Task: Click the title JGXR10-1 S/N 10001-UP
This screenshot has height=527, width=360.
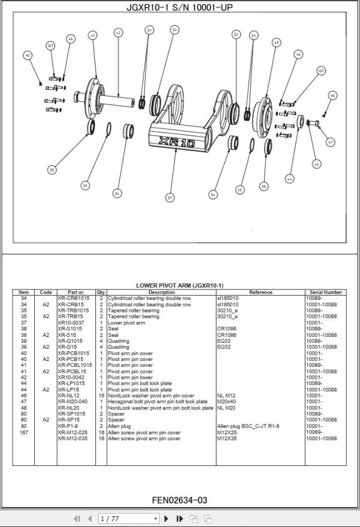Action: tap(179, 7)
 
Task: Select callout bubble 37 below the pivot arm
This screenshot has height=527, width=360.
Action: tap(170, 197)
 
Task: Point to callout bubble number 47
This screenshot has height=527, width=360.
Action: tap(329, 142)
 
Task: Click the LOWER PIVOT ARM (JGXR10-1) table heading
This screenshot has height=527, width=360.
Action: tap(179, 285)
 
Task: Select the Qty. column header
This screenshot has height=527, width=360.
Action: tap(101, 293)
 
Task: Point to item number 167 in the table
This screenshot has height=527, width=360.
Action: tap(24, 432)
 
